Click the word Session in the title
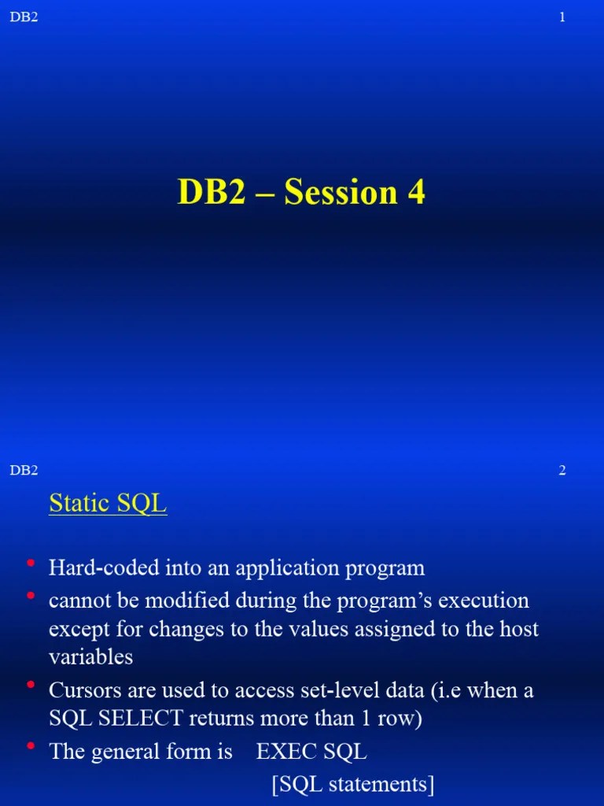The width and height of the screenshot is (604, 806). (x=341, y=193)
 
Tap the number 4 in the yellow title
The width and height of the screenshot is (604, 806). (x=416, y=193)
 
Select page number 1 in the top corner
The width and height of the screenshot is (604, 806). (x=562, y=17)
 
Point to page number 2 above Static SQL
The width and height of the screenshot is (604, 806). (x=562, y=471)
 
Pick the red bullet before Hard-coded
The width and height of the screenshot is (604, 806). (x=31, y=564)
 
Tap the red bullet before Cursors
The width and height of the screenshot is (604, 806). (x=31, y=686)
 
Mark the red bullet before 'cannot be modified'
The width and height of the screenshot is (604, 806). (x=31, y=597)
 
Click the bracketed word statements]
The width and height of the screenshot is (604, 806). (x=381, y=785)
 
